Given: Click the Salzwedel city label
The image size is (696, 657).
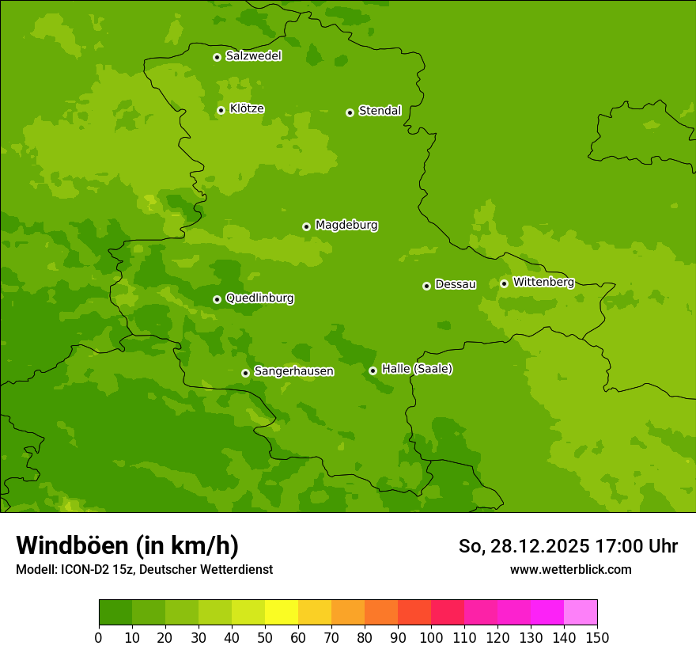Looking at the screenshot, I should [253, 56].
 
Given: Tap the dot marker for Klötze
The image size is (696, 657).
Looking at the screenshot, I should [221, 110].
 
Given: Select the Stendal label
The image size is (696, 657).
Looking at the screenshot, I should [380, 111].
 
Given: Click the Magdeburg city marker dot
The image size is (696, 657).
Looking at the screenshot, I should [306, 226].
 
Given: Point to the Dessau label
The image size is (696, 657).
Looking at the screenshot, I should [456, 284].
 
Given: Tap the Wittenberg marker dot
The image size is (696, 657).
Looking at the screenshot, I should [504, 283].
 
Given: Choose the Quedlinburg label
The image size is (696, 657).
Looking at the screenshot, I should [259, 298].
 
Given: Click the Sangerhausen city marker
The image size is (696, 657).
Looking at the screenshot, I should [245, 373].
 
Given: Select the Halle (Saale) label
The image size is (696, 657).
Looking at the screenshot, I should [417, 369].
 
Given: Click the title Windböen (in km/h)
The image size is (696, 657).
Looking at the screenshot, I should [127, 545].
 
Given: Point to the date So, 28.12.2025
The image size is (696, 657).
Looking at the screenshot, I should [523, 546].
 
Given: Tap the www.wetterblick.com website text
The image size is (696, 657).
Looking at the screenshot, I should [570, 570].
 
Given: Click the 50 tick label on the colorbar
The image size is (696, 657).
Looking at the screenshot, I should [265, 638].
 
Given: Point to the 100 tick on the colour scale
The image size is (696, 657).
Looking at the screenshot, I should [431, 638].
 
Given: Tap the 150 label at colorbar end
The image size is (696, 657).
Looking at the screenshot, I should [597, 638].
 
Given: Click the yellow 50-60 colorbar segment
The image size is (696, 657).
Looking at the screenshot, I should [282, 613].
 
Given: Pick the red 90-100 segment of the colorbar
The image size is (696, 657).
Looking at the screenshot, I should [414, 613].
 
